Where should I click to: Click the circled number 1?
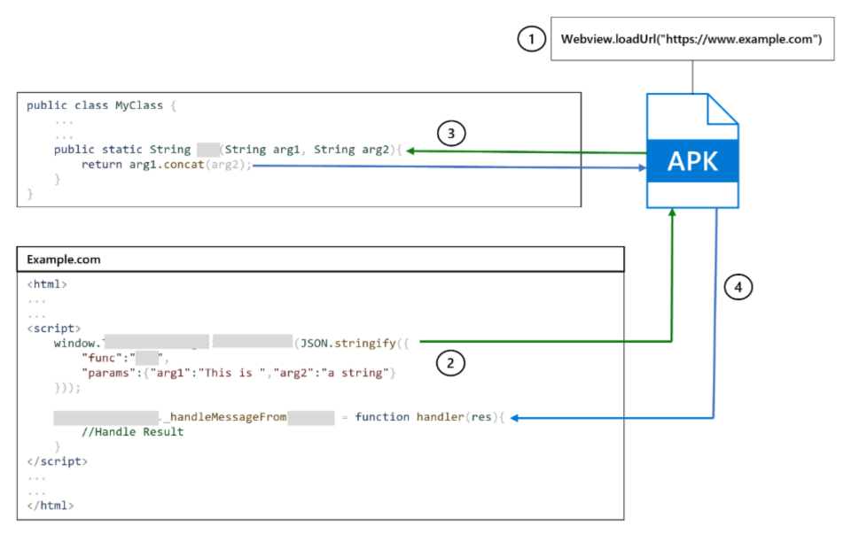pos(530,40)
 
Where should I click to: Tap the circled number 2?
pos(451,363)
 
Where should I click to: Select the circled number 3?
pos(451,135)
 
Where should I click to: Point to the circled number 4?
pos(738,288)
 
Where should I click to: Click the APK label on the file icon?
pos(691,161)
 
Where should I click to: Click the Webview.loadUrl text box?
pos(691,40)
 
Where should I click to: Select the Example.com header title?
pos(63,259)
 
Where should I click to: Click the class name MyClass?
pos(140,105)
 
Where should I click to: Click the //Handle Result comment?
pos(132,432)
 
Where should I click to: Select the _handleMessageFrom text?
pos(225,417)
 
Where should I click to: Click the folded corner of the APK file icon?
pos(720,109)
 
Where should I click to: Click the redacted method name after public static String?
pos(207,150)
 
